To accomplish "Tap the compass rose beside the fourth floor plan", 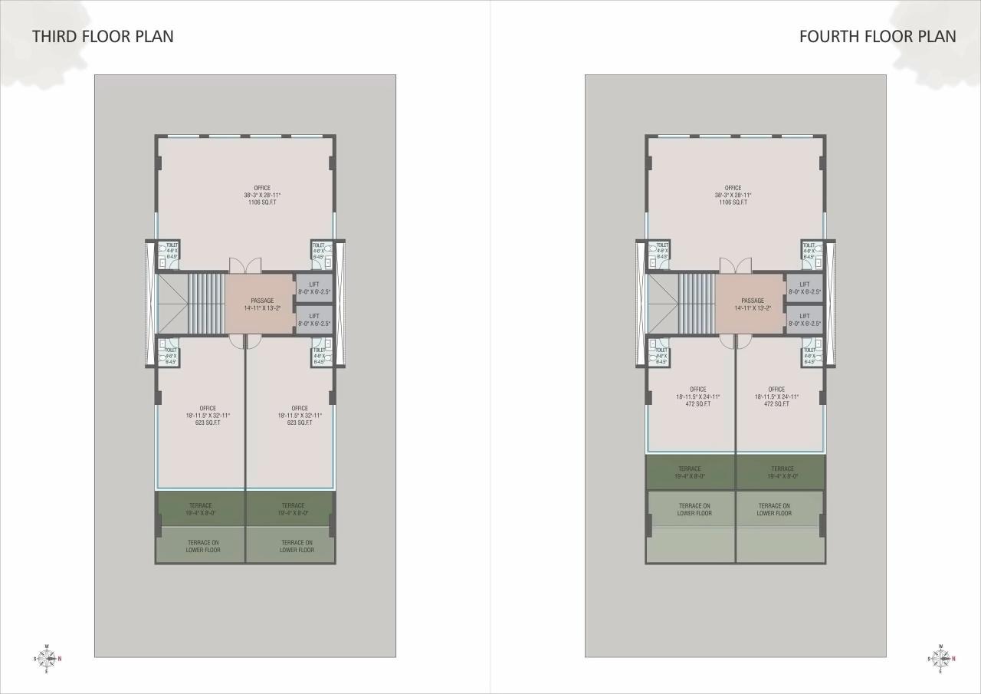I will point(940,659).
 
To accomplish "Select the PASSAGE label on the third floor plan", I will point(261,301).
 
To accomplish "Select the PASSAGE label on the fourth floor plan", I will point(752,301).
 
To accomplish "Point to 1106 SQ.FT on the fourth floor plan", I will point(733,202).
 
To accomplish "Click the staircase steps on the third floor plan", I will point(206,304).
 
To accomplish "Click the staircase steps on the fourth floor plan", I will point(697,304).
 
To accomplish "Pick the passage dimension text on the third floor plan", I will point(261,308).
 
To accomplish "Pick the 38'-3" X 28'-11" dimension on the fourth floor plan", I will point(733,195).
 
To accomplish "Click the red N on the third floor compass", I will point(61,659).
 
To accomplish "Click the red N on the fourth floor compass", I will point(953,659).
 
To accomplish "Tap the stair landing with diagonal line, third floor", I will point(172,304).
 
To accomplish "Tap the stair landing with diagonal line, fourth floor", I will point(663,304).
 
